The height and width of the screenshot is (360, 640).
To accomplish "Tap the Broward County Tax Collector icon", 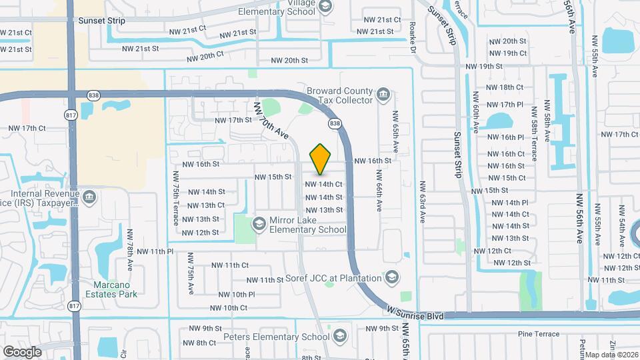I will pos(383,94).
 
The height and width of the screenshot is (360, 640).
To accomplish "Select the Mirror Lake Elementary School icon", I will pos(259,223).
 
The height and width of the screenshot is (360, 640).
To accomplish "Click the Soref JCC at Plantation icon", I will pos(393,277).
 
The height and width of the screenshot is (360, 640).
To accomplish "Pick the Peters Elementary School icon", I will pos(341,334).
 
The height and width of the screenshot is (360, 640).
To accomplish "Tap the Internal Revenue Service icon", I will pos(90,197).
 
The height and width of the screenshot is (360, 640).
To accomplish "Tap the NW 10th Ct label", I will pos(229,308).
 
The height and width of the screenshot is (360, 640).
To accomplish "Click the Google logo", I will pos(22,351).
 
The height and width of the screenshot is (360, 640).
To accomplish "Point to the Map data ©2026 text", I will pos(612,355).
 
